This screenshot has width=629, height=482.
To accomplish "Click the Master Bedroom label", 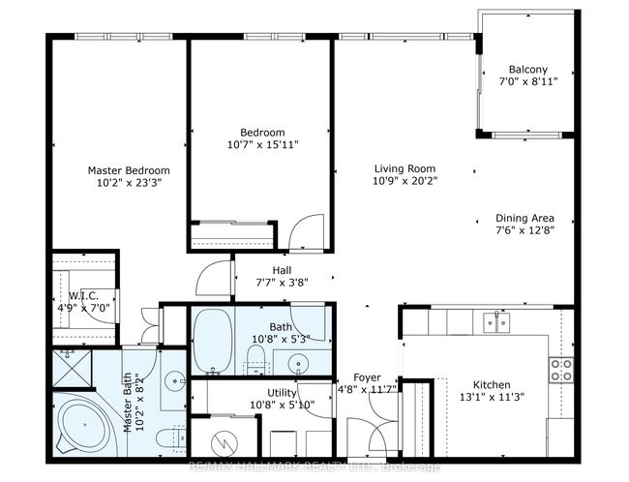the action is click(x=129, y=170).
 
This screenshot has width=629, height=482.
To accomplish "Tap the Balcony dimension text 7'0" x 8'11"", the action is click(x=528, y=82).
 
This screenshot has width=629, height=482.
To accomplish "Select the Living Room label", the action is click(x=404, y=168).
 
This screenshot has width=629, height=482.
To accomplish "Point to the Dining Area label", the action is click(x=524, y=218).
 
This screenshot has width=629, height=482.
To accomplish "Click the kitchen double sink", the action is click(x=496, y=322).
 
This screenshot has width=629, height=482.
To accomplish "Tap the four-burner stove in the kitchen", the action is click(x=561, y=370).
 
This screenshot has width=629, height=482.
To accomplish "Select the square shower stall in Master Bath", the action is click(x=73, y=369).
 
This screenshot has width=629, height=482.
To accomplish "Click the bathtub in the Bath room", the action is click(x=213, y=341).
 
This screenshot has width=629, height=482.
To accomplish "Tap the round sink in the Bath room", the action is click(x=298, y=363).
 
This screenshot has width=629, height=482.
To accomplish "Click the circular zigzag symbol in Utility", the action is click(x=225, y=443).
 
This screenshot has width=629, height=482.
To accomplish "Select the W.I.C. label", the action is click(x=83, y=296).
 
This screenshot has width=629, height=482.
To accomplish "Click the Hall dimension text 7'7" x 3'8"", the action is click(x=282, y=283).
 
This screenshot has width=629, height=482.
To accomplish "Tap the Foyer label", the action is click(x=367, y=377).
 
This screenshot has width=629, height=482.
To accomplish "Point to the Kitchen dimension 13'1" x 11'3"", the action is click(x=492, y=398).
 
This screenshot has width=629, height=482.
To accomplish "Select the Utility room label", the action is click(x=282, y=393).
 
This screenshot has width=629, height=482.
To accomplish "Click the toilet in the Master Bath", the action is click(x=171, y=438).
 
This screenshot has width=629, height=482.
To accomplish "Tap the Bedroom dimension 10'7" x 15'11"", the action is click(x=263, y=144).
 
